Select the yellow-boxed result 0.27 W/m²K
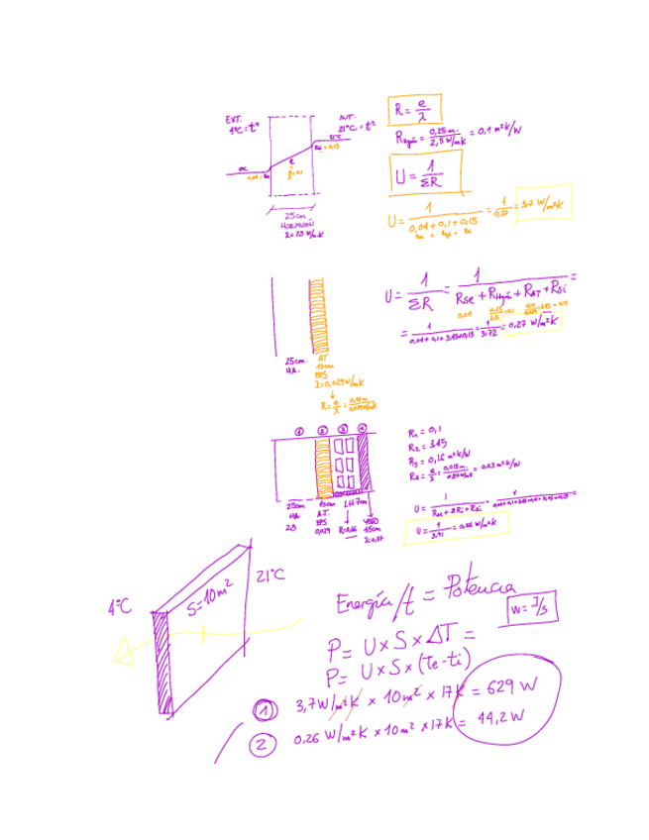[532, 323]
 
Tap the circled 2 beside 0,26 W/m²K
[265, 743]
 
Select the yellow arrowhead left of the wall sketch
[125, 650]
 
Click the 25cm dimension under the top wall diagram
[294, 216]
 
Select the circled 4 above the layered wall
[363, 428]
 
